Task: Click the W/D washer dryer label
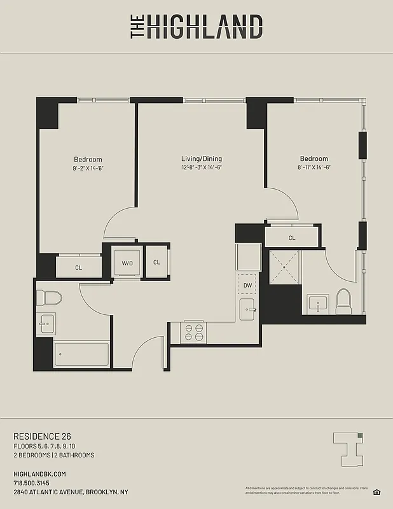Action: [x=127, y=263]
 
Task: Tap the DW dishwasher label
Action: [x=247, y=286]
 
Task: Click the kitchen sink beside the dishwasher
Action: [x=248, y=310]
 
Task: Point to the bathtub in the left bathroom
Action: [x=81, y=354]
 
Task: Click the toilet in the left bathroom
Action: [x=48, y=297]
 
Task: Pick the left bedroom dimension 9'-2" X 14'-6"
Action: [x=88, y=168]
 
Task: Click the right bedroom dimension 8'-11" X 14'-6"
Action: [x=314, y=167]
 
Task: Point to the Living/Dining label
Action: [x=202, y=159]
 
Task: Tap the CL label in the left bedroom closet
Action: [x=79, y=268]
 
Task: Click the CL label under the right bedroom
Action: [x=292, y=238]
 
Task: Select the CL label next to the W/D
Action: [x=156, y=262]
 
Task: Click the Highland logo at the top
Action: [x=197, y=27]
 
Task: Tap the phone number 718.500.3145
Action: [x=31, y=483]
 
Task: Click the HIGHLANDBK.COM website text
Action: [x=39, y=474]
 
